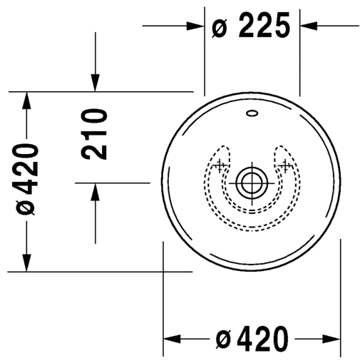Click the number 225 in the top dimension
pos(263,27)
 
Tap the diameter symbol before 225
pos(220,29)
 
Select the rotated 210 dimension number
pos(93,133)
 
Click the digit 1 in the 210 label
pos(93,133)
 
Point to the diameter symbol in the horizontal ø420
pos(222,339)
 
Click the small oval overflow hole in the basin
pos(252,112)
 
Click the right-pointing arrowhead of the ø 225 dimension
pos(197,26)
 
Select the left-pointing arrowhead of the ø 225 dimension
pos(308,26)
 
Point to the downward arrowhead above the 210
pos(94,83)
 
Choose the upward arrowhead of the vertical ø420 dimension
pos(26,99)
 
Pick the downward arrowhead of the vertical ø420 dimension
pos(26,263)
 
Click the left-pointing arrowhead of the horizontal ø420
pos(173,339)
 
